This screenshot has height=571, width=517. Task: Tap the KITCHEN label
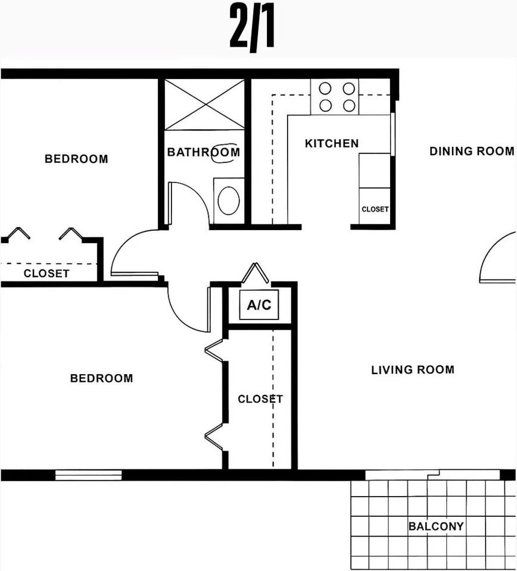coord(332,143)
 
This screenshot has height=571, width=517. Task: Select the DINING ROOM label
coord(472,151)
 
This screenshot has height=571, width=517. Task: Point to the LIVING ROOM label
coord(413,370)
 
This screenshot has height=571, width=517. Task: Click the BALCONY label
coord(436,526)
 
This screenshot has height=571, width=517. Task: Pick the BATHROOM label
coord(204,152)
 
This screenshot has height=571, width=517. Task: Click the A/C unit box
coord(259,305)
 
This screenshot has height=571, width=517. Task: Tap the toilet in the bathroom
coord(229,200)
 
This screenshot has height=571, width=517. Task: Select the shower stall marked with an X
coord(204,105)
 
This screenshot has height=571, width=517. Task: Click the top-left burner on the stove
coord(325,89)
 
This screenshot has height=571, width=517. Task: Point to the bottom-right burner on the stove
coord(349,106)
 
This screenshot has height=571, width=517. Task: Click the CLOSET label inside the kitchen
coord(375,209)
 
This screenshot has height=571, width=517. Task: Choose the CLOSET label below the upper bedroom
coord(46,274)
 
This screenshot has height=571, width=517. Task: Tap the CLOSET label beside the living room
coord(260,399)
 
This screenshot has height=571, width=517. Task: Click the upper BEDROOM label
coord(76,159)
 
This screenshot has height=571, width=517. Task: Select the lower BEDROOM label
coord(101,378)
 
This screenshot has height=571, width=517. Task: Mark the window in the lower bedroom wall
coord(88,475)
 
